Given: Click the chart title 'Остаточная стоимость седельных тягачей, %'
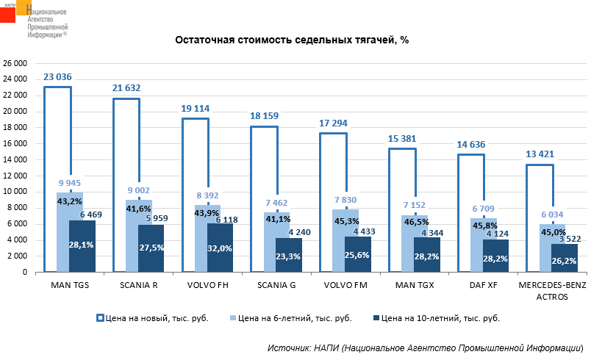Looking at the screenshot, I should tap(291, 40).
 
